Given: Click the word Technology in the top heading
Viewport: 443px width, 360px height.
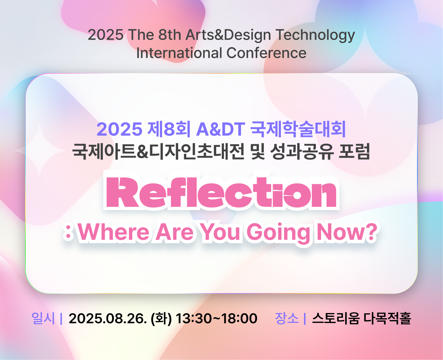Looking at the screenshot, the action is [315, 35].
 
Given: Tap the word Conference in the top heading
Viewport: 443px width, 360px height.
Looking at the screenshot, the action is [267, 53].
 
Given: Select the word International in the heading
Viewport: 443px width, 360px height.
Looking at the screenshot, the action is [179, 53].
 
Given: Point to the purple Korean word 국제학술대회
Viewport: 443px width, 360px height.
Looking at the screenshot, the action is [298, 129].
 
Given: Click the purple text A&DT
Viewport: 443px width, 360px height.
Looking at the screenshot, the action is [221, 129].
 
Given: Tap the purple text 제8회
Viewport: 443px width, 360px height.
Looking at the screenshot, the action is [169, 129].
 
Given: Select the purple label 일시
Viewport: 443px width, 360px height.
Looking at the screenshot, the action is [43, 318].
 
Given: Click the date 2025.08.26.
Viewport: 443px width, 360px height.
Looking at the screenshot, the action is [108, 318].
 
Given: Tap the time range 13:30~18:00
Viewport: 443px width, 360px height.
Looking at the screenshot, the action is [216, 318].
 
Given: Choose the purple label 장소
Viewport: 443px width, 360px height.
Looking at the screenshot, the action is [287, 318].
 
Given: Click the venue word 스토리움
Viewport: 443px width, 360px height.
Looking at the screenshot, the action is [336, 318].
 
